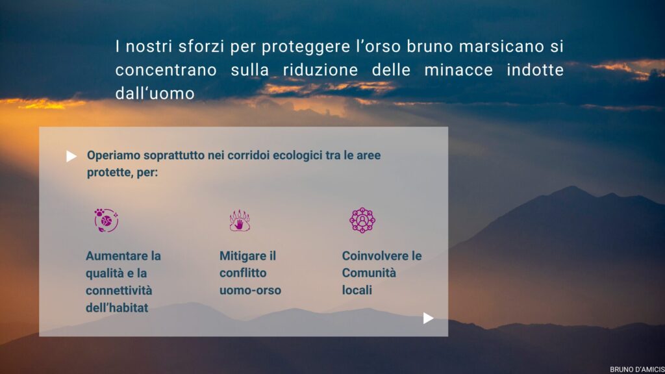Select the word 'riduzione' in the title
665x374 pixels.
(320, 70)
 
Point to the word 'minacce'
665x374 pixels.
(458, 70)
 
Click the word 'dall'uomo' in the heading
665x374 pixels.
(155, 93)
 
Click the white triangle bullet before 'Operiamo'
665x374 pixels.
(71, 156)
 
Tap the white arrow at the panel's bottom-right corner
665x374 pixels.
(429, 318)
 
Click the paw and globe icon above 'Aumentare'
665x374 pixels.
(106, 220)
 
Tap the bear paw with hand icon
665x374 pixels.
(240, 220)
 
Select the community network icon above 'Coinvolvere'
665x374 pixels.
(362, 220)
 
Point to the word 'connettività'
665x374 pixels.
(119, 290)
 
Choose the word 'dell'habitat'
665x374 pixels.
(117, 307)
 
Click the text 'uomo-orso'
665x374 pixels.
(250, 290)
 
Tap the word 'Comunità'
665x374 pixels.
(369, 273)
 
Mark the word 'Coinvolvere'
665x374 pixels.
(370, 256)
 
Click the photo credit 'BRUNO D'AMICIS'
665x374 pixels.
(637, 369)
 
